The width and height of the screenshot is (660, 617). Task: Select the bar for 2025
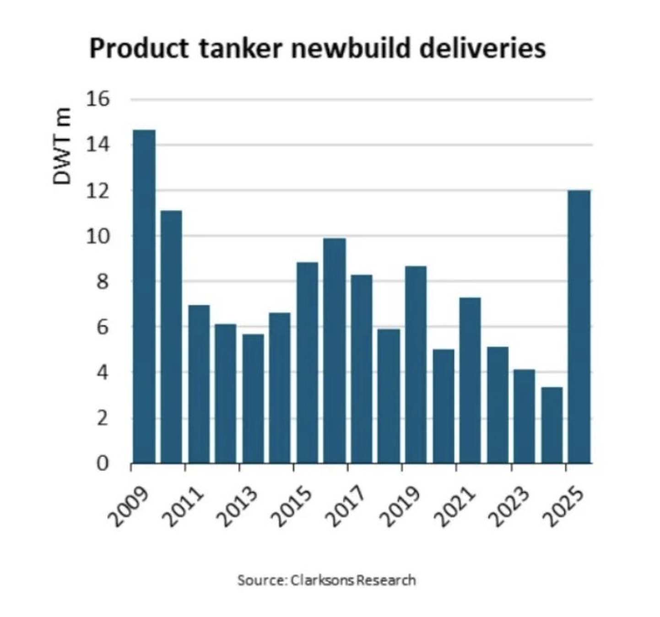[579, 327]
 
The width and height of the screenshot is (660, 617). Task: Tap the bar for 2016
[335, 351]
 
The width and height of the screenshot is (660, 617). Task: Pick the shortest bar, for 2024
[552, 425]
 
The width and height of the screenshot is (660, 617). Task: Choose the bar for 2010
[171, 337]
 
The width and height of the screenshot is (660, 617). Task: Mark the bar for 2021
[470, 380]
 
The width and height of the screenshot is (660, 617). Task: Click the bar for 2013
[253, 399]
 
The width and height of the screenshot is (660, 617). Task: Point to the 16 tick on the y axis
[97, 99]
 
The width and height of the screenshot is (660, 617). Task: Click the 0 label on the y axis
[103, 464]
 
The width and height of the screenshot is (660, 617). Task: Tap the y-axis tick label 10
[97, 236]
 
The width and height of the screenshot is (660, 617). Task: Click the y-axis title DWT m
[62, 146]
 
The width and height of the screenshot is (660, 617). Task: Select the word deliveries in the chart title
[482, 49]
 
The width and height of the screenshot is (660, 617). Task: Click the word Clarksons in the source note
[322, 580]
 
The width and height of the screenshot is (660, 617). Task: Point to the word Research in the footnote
[386, 580]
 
